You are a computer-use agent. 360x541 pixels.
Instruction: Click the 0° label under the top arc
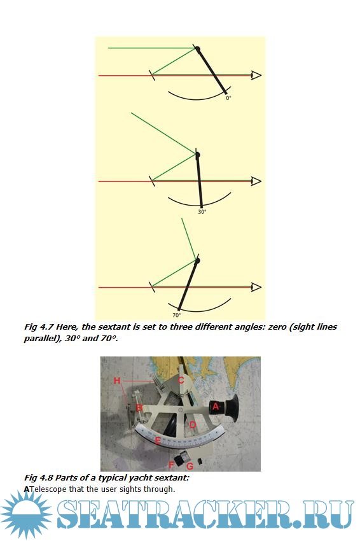tap(228, 97)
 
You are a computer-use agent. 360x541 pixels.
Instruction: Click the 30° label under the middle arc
tap(202, 211)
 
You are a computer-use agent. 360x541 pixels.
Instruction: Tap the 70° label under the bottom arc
tap(176, 315)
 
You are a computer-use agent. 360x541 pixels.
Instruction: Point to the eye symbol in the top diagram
tap(256, 75)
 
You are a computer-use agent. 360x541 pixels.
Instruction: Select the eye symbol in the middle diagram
tap(256, 181)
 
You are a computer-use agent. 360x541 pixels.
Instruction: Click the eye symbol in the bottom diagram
tap(256, 286)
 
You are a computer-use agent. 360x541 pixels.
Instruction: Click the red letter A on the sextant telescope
tap(216, 406)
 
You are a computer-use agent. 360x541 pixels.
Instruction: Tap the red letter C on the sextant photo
tap(181, 381)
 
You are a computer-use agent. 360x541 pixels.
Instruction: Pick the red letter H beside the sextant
tap(117, 381)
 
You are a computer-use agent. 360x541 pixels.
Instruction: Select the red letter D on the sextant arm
tap(193, 425)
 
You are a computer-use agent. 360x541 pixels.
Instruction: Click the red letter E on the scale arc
tap(158, 440)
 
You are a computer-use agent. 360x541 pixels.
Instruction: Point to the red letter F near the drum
tap(171, 465)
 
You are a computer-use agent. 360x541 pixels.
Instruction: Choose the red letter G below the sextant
tap(190, 466)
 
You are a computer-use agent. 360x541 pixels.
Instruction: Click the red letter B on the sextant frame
tap(139, 408)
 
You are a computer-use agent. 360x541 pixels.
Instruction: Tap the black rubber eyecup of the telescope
tap(232, 408)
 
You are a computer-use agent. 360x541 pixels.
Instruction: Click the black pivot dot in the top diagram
tap(198, 49)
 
